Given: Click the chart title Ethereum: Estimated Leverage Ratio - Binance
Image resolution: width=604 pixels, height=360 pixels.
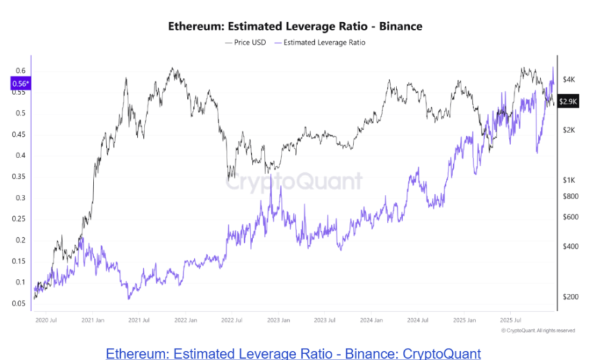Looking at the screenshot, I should [295, 26].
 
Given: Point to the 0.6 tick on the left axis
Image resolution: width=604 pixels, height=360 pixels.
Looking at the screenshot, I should [21, 71].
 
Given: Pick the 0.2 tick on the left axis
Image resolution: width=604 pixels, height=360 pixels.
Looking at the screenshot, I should [21, 240].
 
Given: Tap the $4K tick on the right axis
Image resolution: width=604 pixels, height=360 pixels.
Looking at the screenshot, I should [569, 79].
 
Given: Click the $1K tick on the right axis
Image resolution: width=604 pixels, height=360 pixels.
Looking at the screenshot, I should [569, 179].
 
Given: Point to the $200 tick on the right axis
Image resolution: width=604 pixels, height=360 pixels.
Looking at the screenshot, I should [571, 296].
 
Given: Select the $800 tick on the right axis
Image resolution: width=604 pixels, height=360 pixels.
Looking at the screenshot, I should [571, 196].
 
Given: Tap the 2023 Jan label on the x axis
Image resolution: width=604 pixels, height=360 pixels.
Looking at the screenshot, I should [278, 319].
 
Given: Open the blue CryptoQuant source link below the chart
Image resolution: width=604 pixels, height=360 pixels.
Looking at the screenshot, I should [293, 353].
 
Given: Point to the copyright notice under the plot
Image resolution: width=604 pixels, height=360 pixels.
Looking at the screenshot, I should [538, 330].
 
